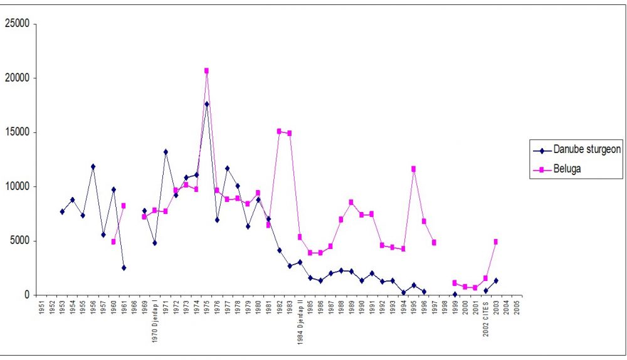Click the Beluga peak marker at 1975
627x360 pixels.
click(206, 71)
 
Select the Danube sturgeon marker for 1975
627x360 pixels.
click(206, 104)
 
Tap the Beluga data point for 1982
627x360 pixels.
click(279, 131)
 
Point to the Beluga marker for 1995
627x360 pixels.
click(413, 169)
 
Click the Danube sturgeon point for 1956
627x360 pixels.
click(93, 167)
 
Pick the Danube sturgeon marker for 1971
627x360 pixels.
click(166, 152)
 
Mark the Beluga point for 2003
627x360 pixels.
click(495, 241)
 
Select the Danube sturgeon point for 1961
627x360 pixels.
click(124, 268)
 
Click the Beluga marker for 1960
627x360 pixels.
click(113, 241)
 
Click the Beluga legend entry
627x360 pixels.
click(567, 168)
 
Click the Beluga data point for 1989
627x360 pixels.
click(351, 202)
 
